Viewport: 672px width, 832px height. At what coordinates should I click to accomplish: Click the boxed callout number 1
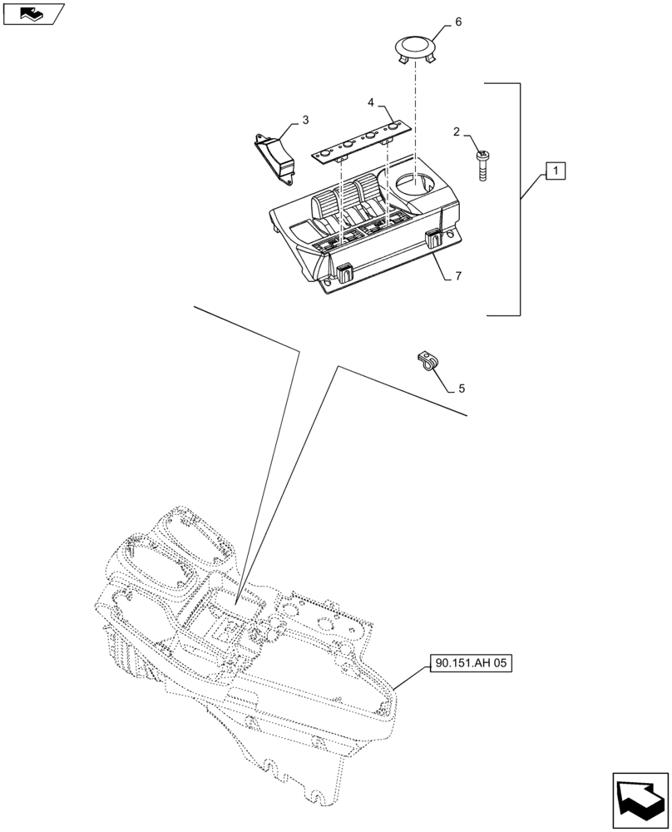tap(556, 172)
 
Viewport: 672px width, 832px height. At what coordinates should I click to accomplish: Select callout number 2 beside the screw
tap(457, 131)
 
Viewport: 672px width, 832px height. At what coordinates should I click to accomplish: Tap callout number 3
tap(305, 121)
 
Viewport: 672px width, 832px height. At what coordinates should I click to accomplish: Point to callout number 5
tap(462, 389)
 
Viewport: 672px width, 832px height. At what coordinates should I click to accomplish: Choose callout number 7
tap(458, 275)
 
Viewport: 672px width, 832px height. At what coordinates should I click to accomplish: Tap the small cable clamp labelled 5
tap(427, 363)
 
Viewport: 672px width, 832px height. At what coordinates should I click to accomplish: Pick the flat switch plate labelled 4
tap(363, 140)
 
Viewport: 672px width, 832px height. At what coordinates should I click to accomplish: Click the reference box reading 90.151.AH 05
tap(471, 663)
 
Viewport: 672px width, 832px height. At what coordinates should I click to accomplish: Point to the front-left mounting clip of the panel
tap(343, 271)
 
